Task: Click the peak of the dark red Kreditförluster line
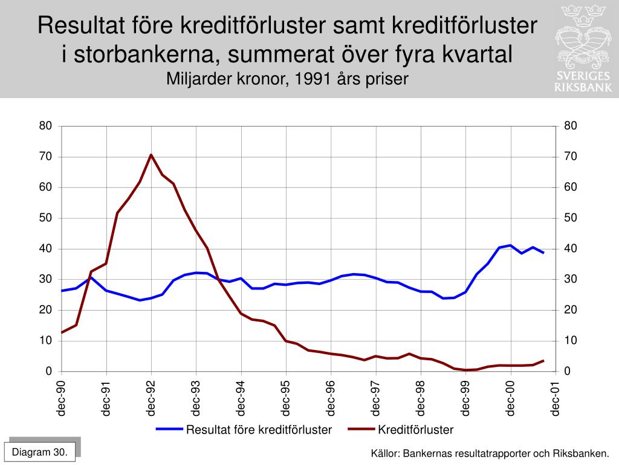click(x=151, y=155)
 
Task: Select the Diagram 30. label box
click(x=40, y=452)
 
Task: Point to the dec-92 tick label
click(x=151, y=398)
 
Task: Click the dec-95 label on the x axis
click(x=286, y=398)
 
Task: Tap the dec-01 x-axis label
click(x=556, y=398)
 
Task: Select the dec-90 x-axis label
click(x=61, y=398)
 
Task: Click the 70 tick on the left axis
click(x=46, y=156)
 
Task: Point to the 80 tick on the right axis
click(x=571, y=125)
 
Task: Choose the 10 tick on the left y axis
click(x=46, y=340)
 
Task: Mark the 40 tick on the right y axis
click(x=571, y=248)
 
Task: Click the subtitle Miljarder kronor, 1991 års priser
click(x=288, y=79)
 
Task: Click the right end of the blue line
click(x=543, y=252)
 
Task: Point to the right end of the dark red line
click(x=543, y=361)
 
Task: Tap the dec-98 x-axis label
click(x=421, y=398)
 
